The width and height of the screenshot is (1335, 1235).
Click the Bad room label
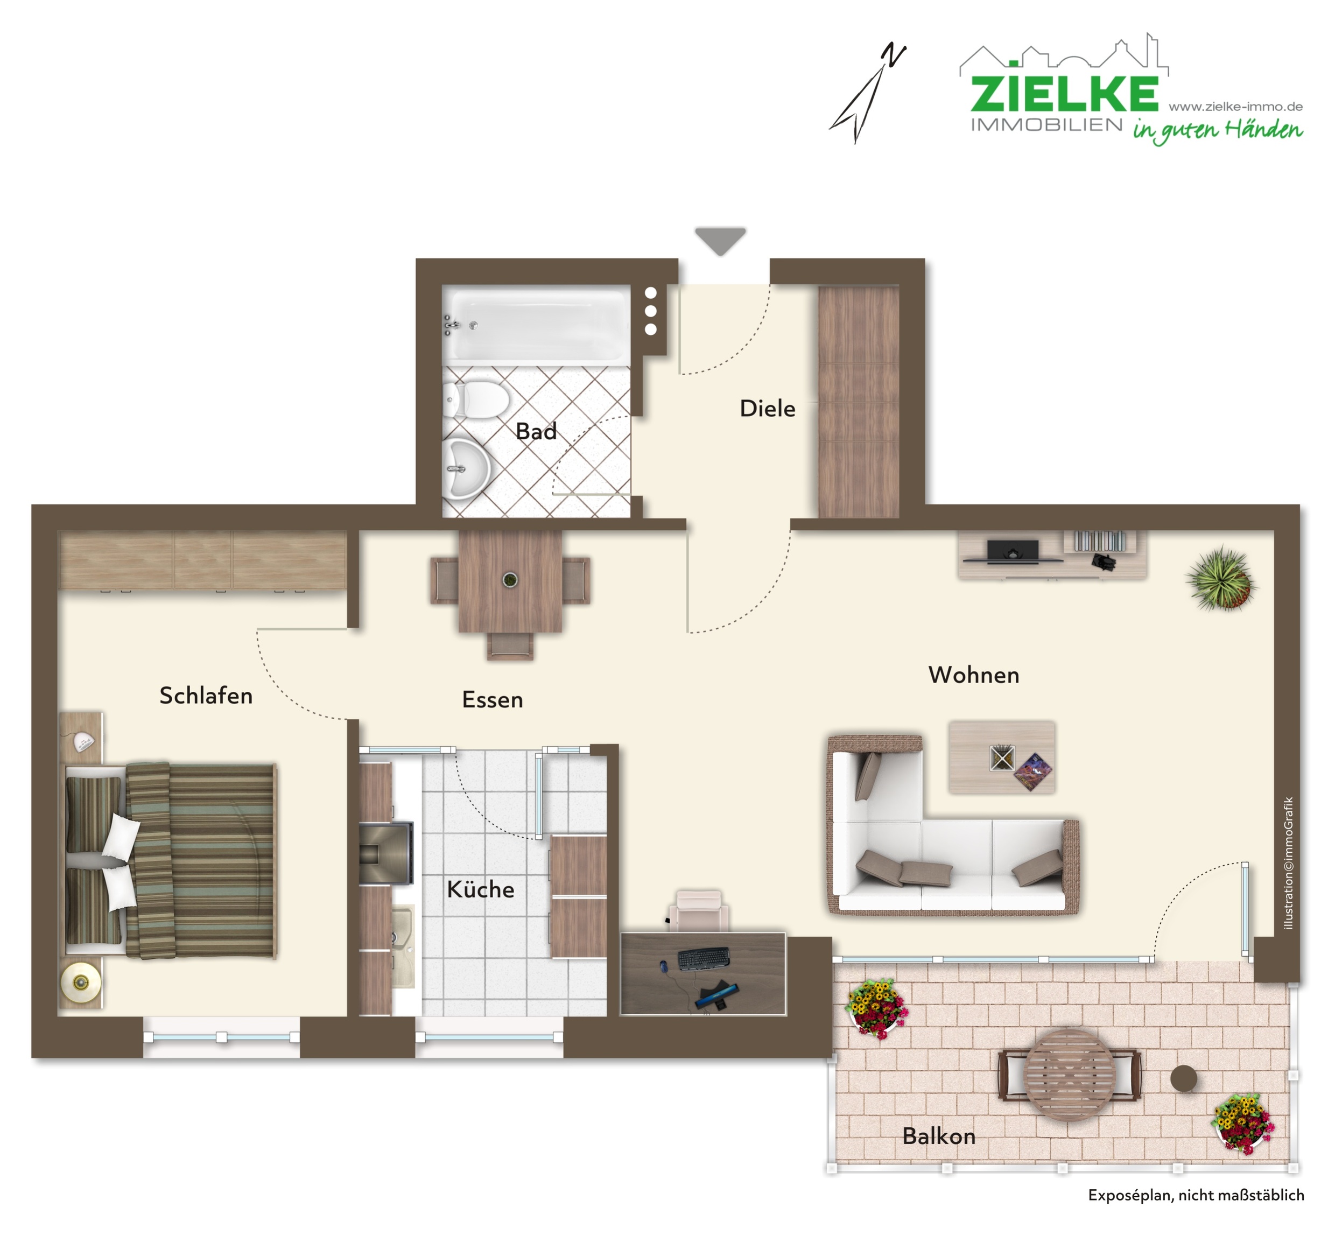pyautogui.click(x=536, y=431)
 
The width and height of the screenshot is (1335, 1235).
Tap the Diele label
pyautogui.click(x=767, y=408)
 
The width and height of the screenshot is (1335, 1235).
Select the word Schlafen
pyautogui.click(x=206, y=696)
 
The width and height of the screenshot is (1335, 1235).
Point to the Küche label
pyautogui.click(x=480, y=889)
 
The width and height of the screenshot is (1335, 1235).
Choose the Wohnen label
pyautogui.click(x=973, y=675)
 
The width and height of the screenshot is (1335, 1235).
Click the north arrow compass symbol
pyautogui.click(x=867, y=94)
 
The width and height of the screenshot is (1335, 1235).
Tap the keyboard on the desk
pyautogui.click(x=704, y=958)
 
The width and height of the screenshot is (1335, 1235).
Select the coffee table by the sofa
pyautogui.click(x=1002, y=757)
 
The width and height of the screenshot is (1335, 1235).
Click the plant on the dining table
pyautogui.click(x=510, y=579)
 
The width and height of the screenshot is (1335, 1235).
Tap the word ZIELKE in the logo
pyautogui.click(x=1064, y=94)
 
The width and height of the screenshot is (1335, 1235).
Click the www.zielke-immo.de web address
pyautogui.click(x=1235, y=106)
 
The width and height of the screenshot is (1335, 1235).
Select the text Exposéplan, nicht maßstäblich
pyautogui.click(x=1196, y=1195)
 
